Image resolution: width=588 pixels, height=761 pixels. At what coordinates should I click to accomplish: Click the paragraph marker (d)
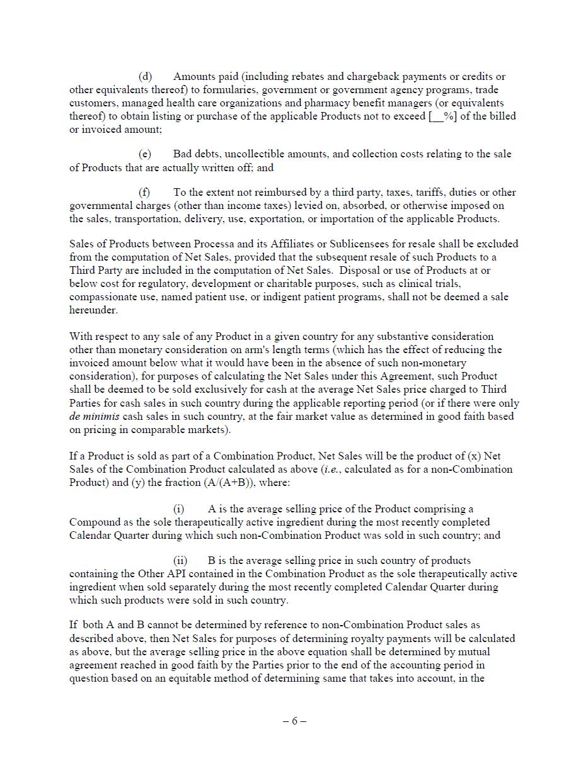pyautogui.click(x=145, y=77)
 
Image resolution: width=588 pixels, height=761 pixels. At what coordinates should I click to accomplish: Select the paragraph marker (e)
pyautogui.click(x=145, y=154)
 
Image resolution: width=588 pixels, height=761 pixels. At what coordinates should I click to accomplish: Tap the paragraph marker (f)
pyautogui.click(x=144, y=193)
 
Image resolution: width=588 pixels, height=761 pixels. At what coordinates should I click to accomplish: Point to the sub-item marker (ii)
pyautogui.click(x=180, y=561)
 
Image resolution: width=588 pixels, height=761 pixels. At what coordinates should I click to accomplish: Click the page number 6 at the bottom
pyautogui.click(x=294, y=721)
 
